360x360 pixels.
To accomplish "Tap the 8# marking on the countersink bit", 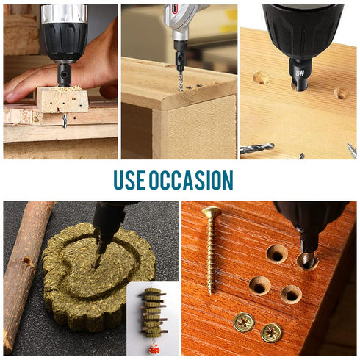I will (300, 73).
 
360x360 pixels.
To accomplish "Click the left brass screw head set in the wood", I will (243, 322).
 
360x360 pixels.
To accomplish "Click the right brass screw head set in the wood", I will (271, 333).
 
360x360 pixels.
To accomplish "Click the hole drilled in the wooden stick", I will (28, 261).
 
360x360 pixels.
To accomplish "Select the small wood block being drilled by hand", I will (62, 99).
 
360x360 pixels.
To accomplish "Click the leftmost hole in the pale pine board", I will (261, 77).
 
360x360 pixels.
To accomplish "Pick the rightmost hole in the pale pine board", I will (342, 93).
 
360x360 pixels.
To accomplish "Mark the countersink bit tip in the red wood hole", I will (306, 257).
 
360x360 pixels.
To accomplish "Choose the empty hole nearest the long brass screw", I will (276, 253).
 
